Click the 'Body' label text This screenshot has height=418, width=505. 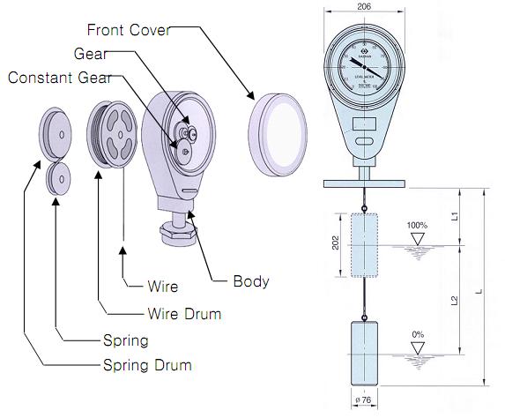coord(250,282)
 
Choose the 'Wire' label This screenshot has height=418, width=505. coord(162,287)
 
